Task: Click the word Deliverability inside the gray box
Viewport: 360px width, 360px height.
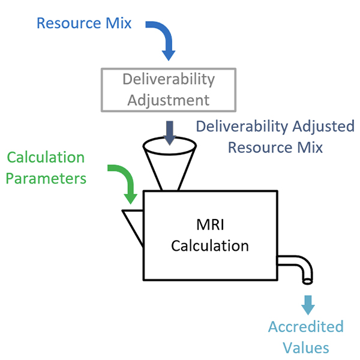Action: coord(169,79)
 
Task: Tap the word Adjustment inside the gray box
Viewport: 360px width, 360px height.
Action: coord(169,99)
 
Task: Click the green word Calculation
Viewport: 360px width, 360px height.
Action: coord(46,158)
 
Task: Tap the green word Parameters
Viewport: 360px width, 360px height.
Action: coord(46,178)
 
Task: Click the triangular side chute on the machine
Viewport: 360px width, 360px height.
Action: coord(133,225)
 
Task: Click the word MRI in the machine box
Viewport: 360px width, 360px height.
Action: coord(209,226)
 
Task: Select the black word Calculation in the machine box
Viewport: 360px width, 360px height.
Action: coord(209,246)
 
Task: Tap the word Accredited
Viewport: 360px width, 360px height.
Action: coord(306,327)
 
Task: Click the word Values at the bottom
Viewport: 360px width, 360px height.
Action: coord(307,347)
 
